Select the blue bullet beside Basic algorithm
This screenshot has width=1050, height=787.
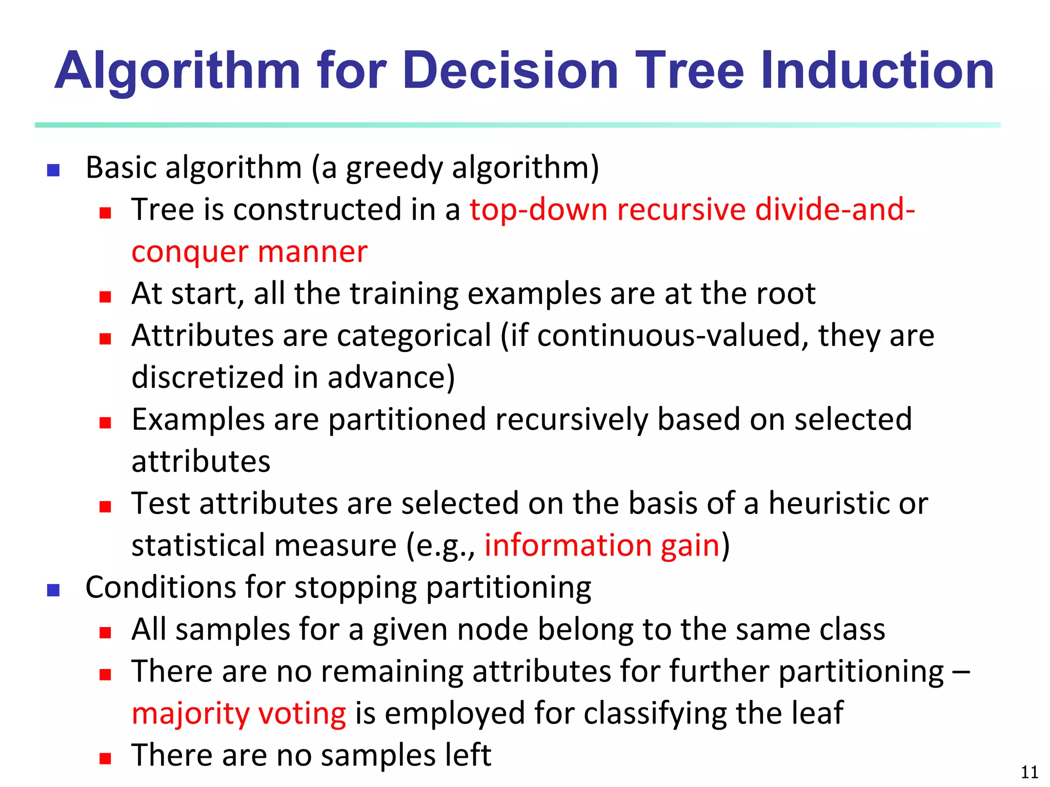coord(53,170)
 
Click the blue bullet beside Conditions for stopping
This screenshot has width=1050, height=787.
coord(53,590)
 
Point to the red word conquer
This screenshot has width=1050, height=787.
coord(190,253)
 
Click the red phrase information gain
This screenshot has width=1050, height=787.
coord(602,545)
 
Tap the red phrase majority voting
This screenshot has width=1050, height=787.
coord(239,713)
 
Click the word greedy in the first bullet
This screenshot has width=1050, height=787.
coord(394,168)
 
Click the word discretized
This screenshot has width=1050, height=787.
coord(208,378)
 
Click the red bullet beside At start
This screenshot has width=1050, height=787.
coord(106,297)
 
